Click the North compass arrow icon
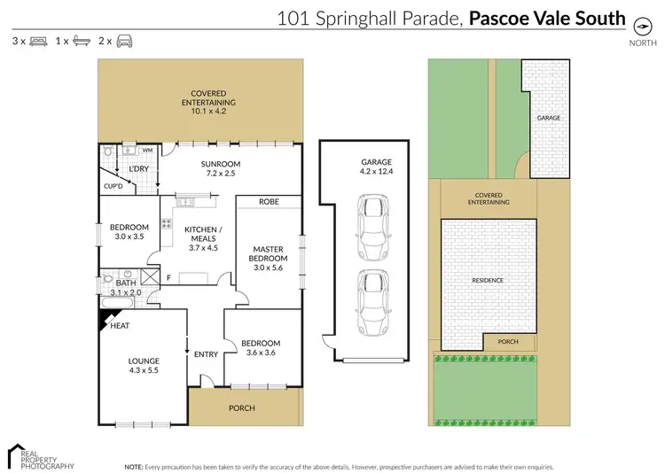click(x=638, y=25)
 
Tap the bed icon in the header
click(x=38, y=41)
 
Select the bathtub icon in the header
click(x=82, y=41)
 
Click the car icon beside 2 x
click(x=125, y=41)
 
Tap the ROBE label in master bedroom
click(x=269, y=202)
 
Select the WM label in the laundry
click(x=147, y=151)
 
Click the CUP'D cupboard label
click(x=113, y=187)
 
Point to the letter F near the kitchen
click(x=168, y=278)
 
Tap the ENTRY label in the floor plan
click(x=206, y=354)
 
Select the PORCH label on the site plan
click(x=508, y=342)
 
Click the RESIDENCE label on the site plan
click(x=489, y=280)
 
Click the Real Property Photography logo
click(x=40, y=455)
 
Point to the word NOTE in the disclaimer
click(x=133, y=465)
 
